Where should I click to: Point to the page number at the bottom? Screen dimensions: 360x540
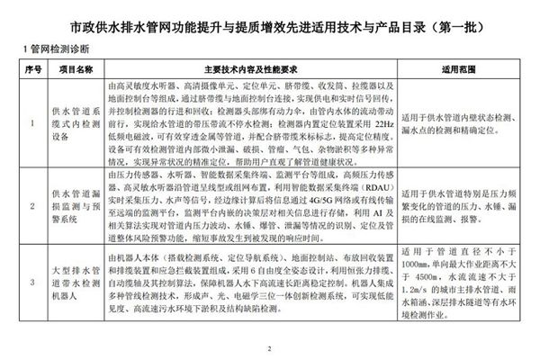coord(269,348)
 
